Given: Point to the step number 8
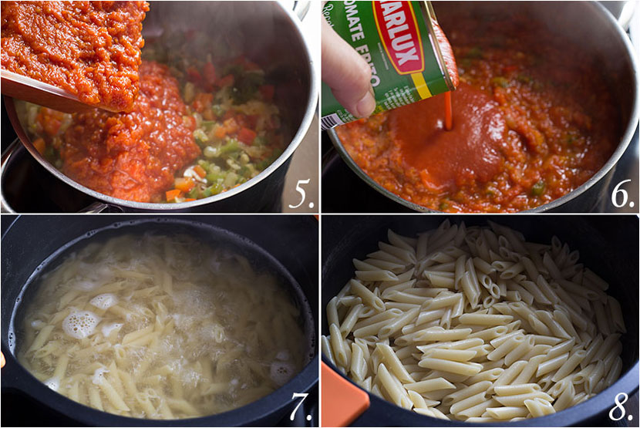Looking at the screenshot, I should click(x=621, y=408).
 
